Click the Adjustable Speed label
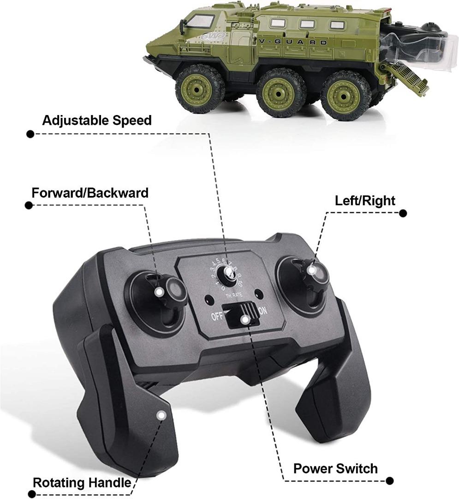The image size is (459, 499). tap(97, 121)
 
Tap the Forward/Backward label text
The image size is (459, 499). tap(90, 192)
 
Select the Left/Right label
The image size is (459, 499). tap(365, 201)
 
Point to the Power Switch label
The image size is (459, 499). tap(335, 469)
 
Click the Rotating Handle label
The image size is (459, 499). tap(82, 483)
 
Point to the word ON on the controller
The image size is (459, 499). tap(263, 311)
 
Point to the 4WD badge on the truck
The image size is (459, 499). tap(212, 35)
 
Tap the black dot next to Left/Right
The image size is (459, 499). tap(403, 213)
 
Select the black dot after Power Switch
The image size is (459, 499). tap(390, 481)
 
